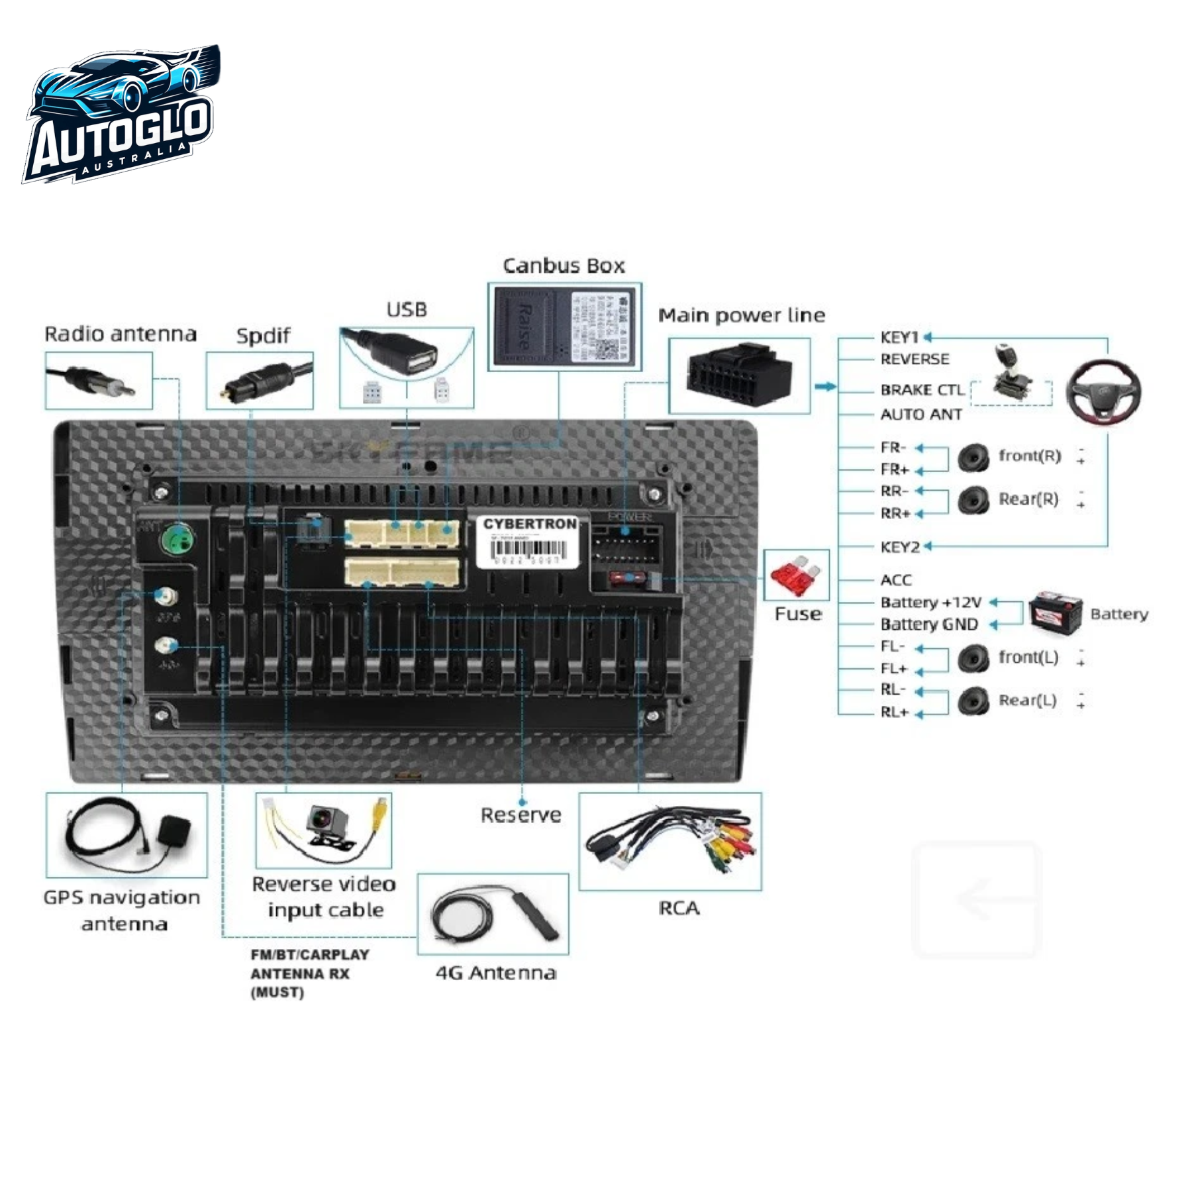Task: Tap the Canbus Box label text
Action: [x=564, y=266]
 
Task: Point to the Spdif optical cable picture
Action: [x=260, y=382]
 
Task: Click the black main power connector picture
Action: [x=740, y=375]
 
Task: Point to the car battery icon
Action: [x=1055, y=610]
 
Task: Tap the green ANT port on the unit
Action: [x=176, y=539]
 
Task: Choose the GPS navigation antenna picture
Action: [x=126, y=834]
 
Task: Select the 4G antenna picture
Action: [x=493, y=914]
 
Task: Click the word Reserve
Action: [x=521, y=815]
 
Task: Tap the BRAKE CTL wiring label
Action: [x=921, y=390]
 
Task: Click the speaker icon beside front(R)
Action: [x=973, y=458]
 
